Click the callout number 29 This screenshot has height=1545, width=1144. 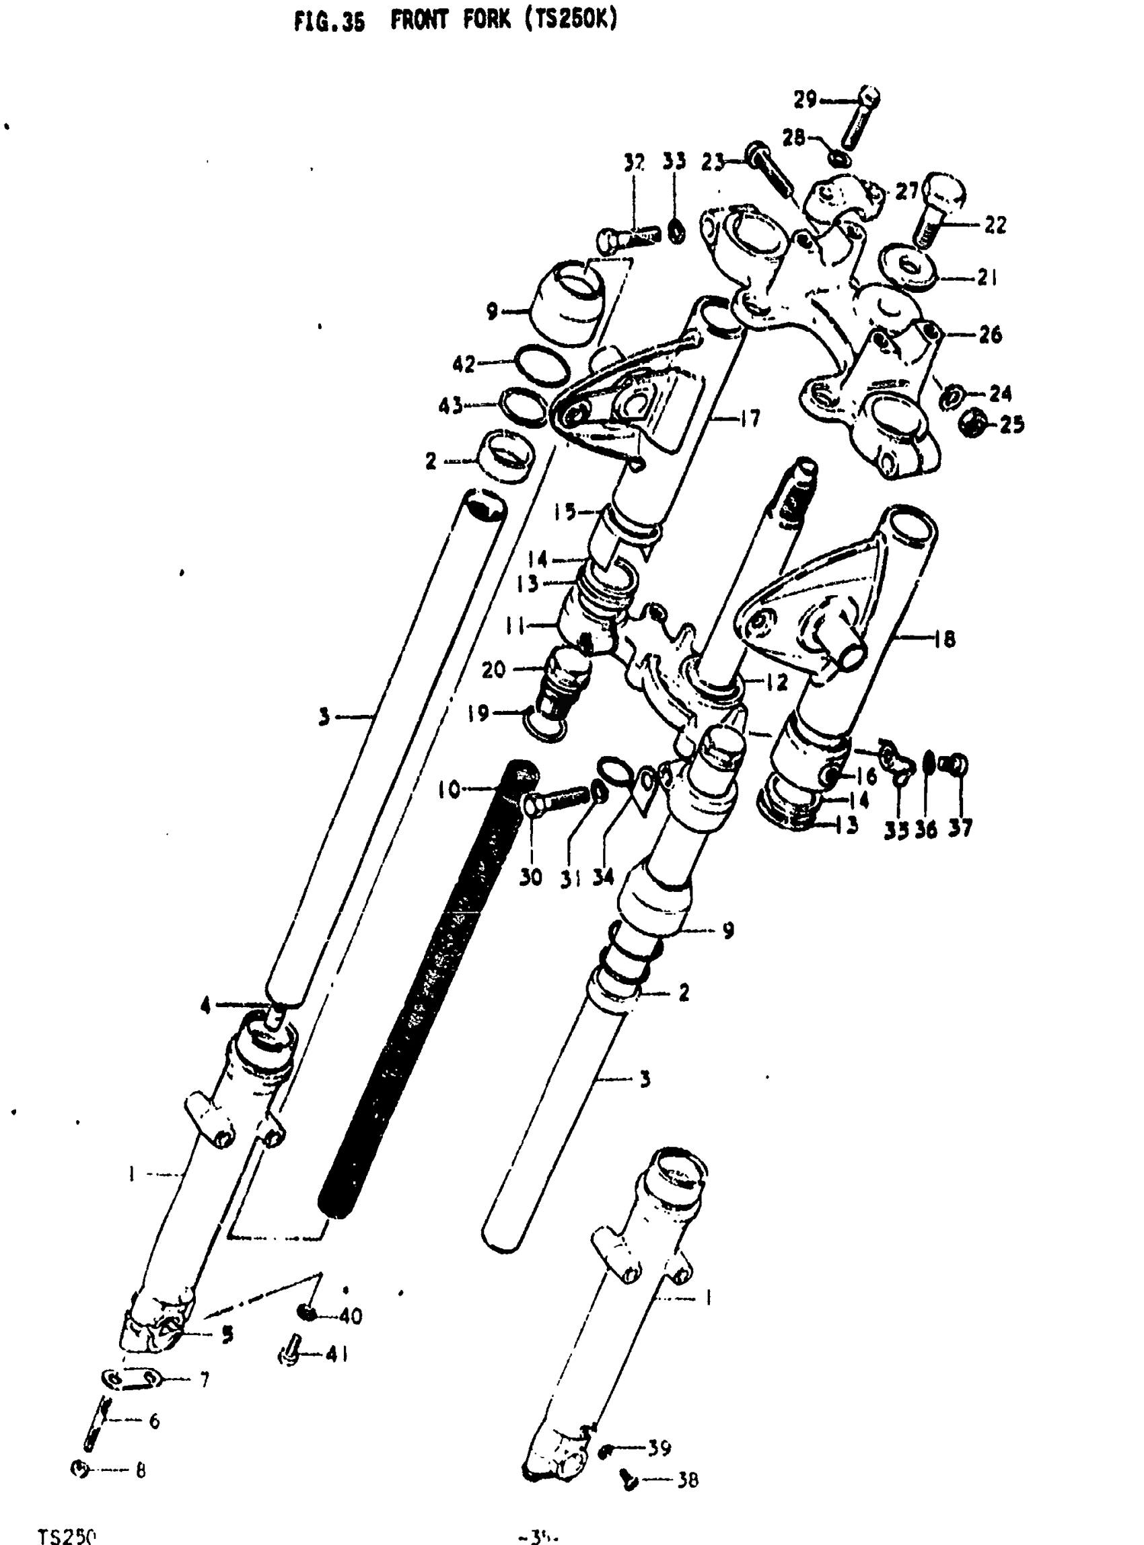(x=806, y=100)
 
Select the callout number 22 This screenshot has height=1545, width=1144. (x=995, y=225)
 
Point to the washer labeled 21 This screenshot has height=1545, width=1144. (x=908, y=267)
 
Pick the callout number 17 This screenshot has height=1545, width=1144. (x=749, y=419)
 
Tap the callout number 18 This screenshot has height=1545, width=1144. (x=945, y=638)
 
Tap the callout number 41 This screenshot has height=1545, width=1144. (x=336, y=1354)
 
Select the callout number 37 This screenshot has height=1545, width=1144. (x=960, y=827)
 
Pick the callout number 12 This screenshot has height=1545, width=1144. (x=778, y=683)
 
